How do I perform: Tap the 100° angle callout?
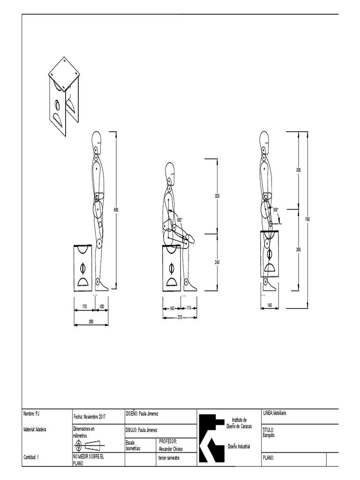(179, 219)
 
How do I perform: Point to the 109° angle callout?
(276, 210)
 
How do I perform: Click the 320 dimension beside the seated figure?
(217, 195)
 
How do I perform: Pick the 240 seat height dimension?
(217, 262)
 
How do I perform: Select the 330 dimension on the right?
(298, 170)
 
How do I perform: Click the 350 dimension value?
(298, 249)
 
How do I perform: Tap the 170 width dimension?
(84, 307)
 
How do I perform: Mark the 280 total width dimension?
(91, 321)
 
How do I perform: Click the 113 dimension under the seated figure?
(188, 308)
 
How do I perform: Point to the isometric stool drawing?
(64, 96)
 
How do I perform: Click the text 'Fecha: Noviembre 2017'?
(96, 416)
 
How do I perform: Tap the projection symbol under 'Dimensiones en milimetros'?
(89, 445)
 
